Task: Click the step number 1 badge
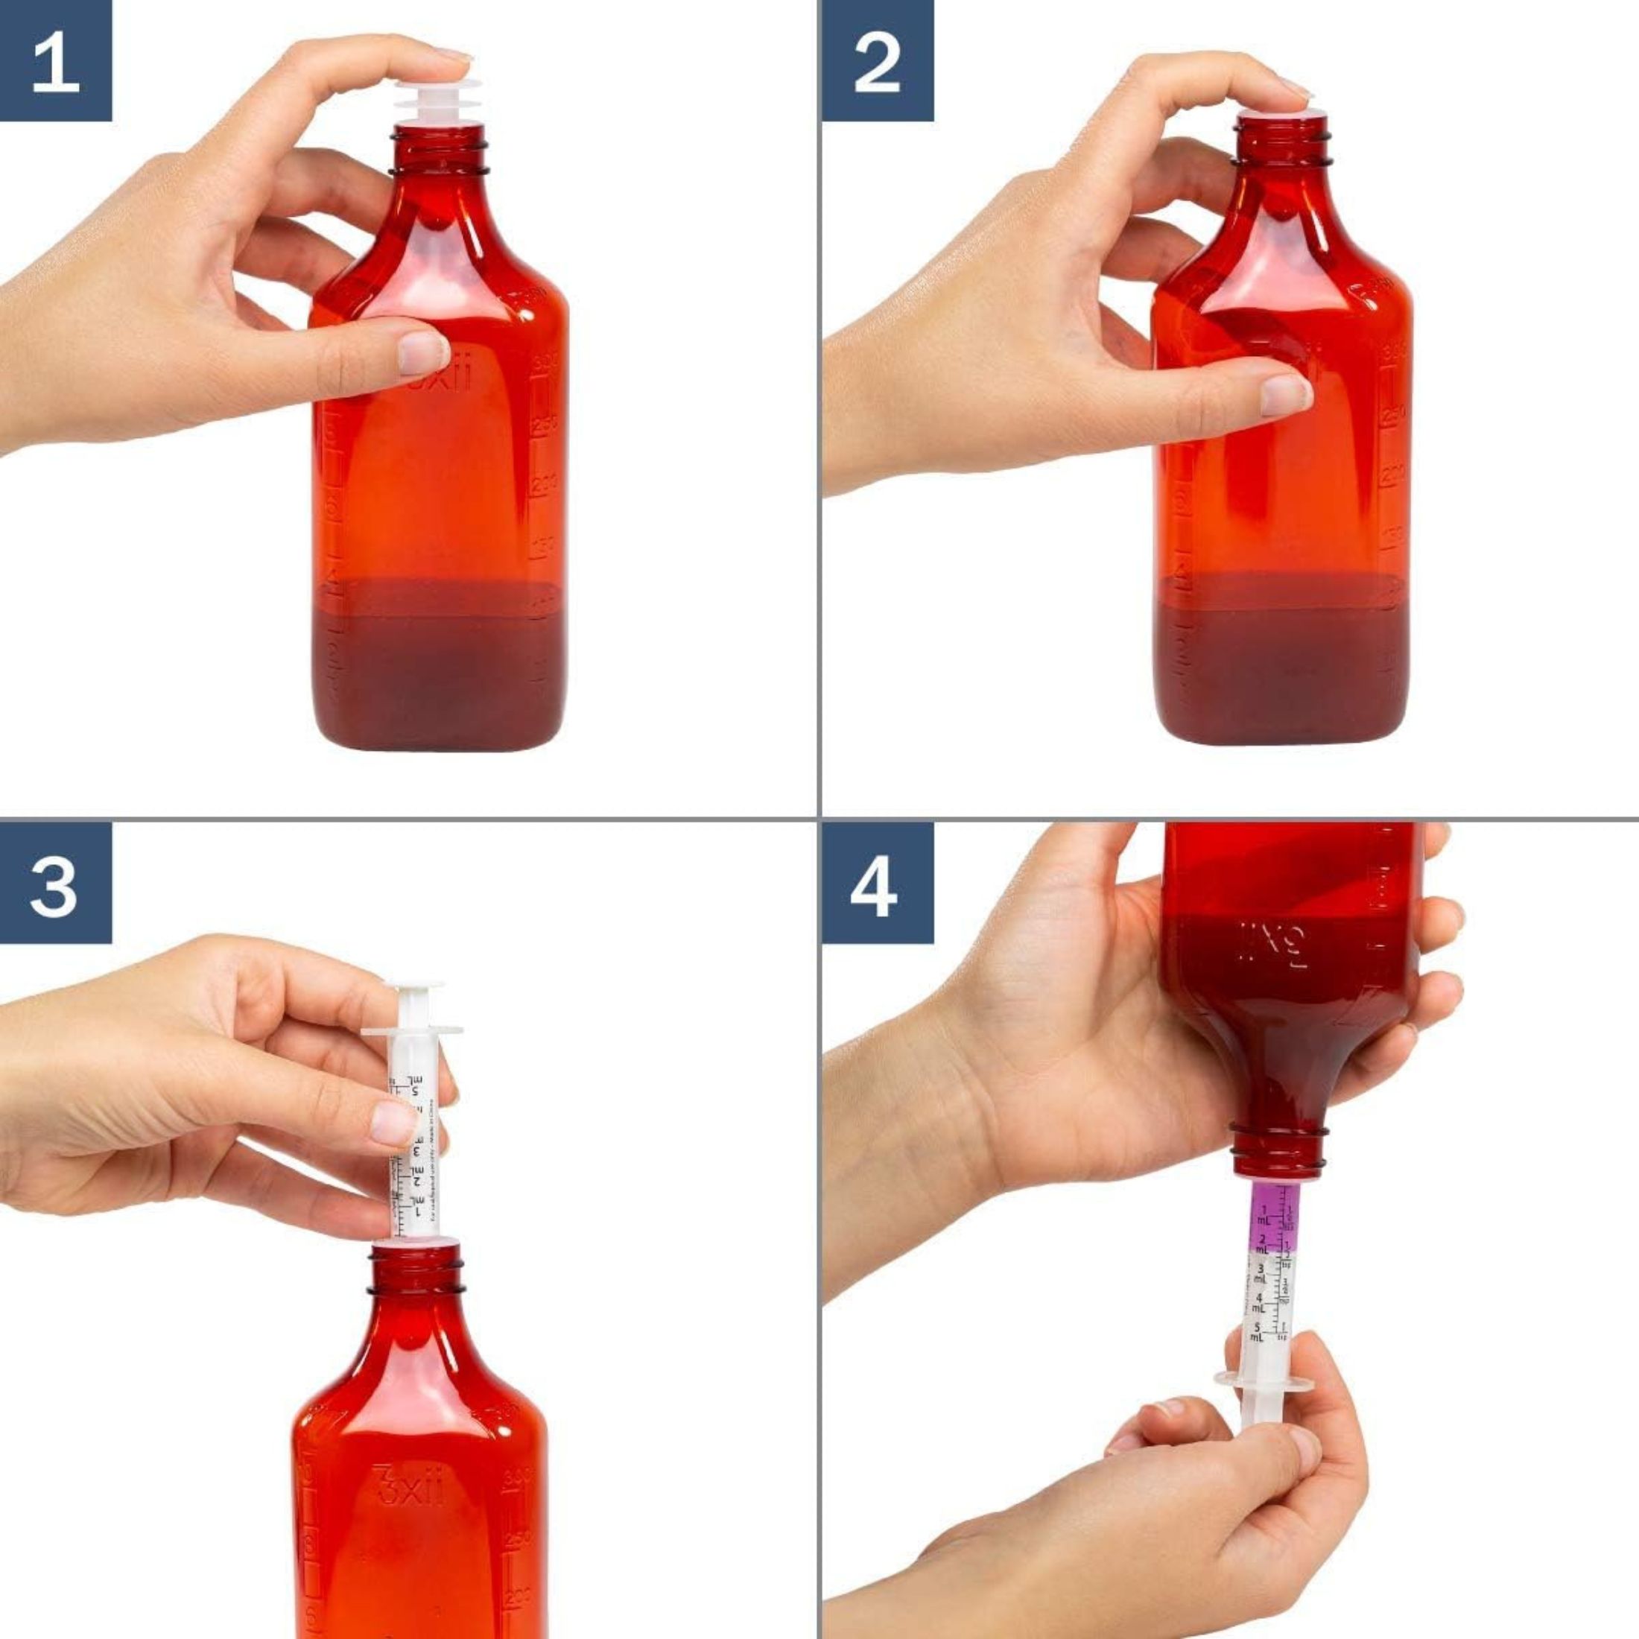(55, 61)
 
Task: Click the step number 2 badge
(877, 61)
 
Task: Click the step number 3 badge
(55, 882)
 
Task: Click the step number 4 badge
(877, 882)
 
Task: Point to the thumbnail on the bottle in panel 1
(422, 352)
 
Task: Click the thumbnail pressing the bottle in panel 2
(1285, 395)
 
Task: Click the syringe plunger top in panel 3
(413, 989)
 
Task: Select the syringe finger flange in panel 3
(412, 1032)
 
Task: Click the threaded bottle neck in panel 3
(416, 1272)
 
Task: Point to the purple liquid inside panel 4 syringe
(1273, 1222)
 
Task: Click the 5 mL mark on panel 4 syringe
(1259, 1331)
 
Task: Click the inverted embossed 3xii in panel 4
(1272, 942)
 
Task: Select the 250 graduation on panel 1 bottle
(544, 422)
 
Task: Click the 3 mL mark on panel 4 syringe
(1260, 1272)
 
